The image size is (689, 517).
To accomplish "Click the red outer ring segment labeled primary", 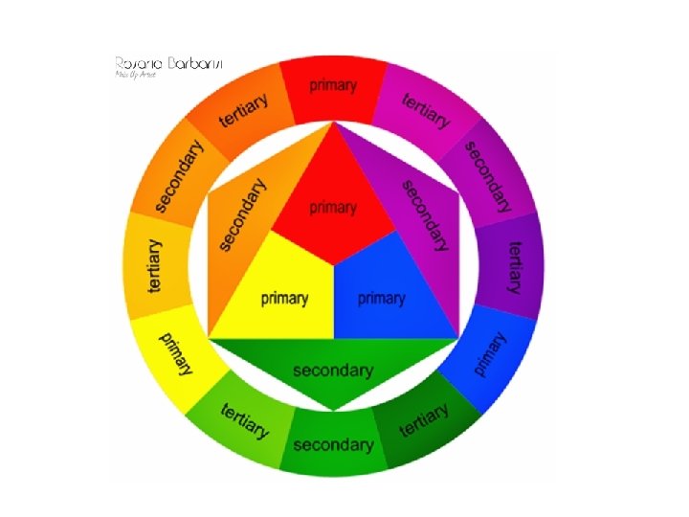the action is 333,88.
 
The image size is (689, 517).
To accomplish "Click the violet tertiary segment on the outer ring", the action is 513,264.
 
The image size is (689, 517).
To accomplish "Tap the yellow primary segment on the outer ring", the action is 176,354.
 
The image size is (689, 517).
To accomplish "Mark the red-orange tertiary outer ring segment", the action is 242,111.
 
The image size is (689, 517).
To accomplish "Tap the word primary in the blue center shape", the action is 382,299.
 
